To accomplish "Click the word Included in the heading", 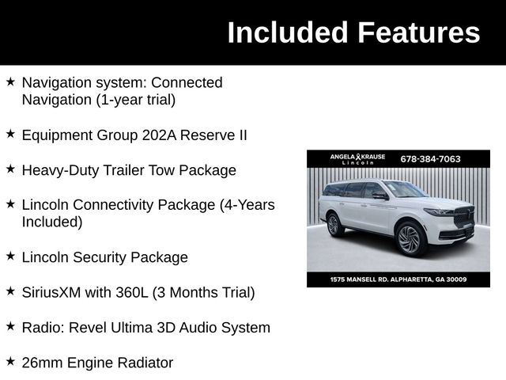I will [x=288, y=32].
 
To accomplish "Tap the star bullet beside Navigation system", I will [x=10, y=82].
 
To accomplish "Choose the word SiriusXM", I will [x=55, y=292].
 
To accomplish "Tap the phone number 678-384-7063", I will [x=431, y=158].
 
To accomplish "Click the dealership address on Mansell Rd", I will [x=398, y=279].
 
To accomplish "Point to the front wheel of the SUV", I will [x=410, y=237].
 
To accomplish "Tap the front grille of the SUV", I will [x=463, y=218].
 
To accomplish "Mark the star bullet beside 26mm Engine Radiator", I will [x=10, y=362].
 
